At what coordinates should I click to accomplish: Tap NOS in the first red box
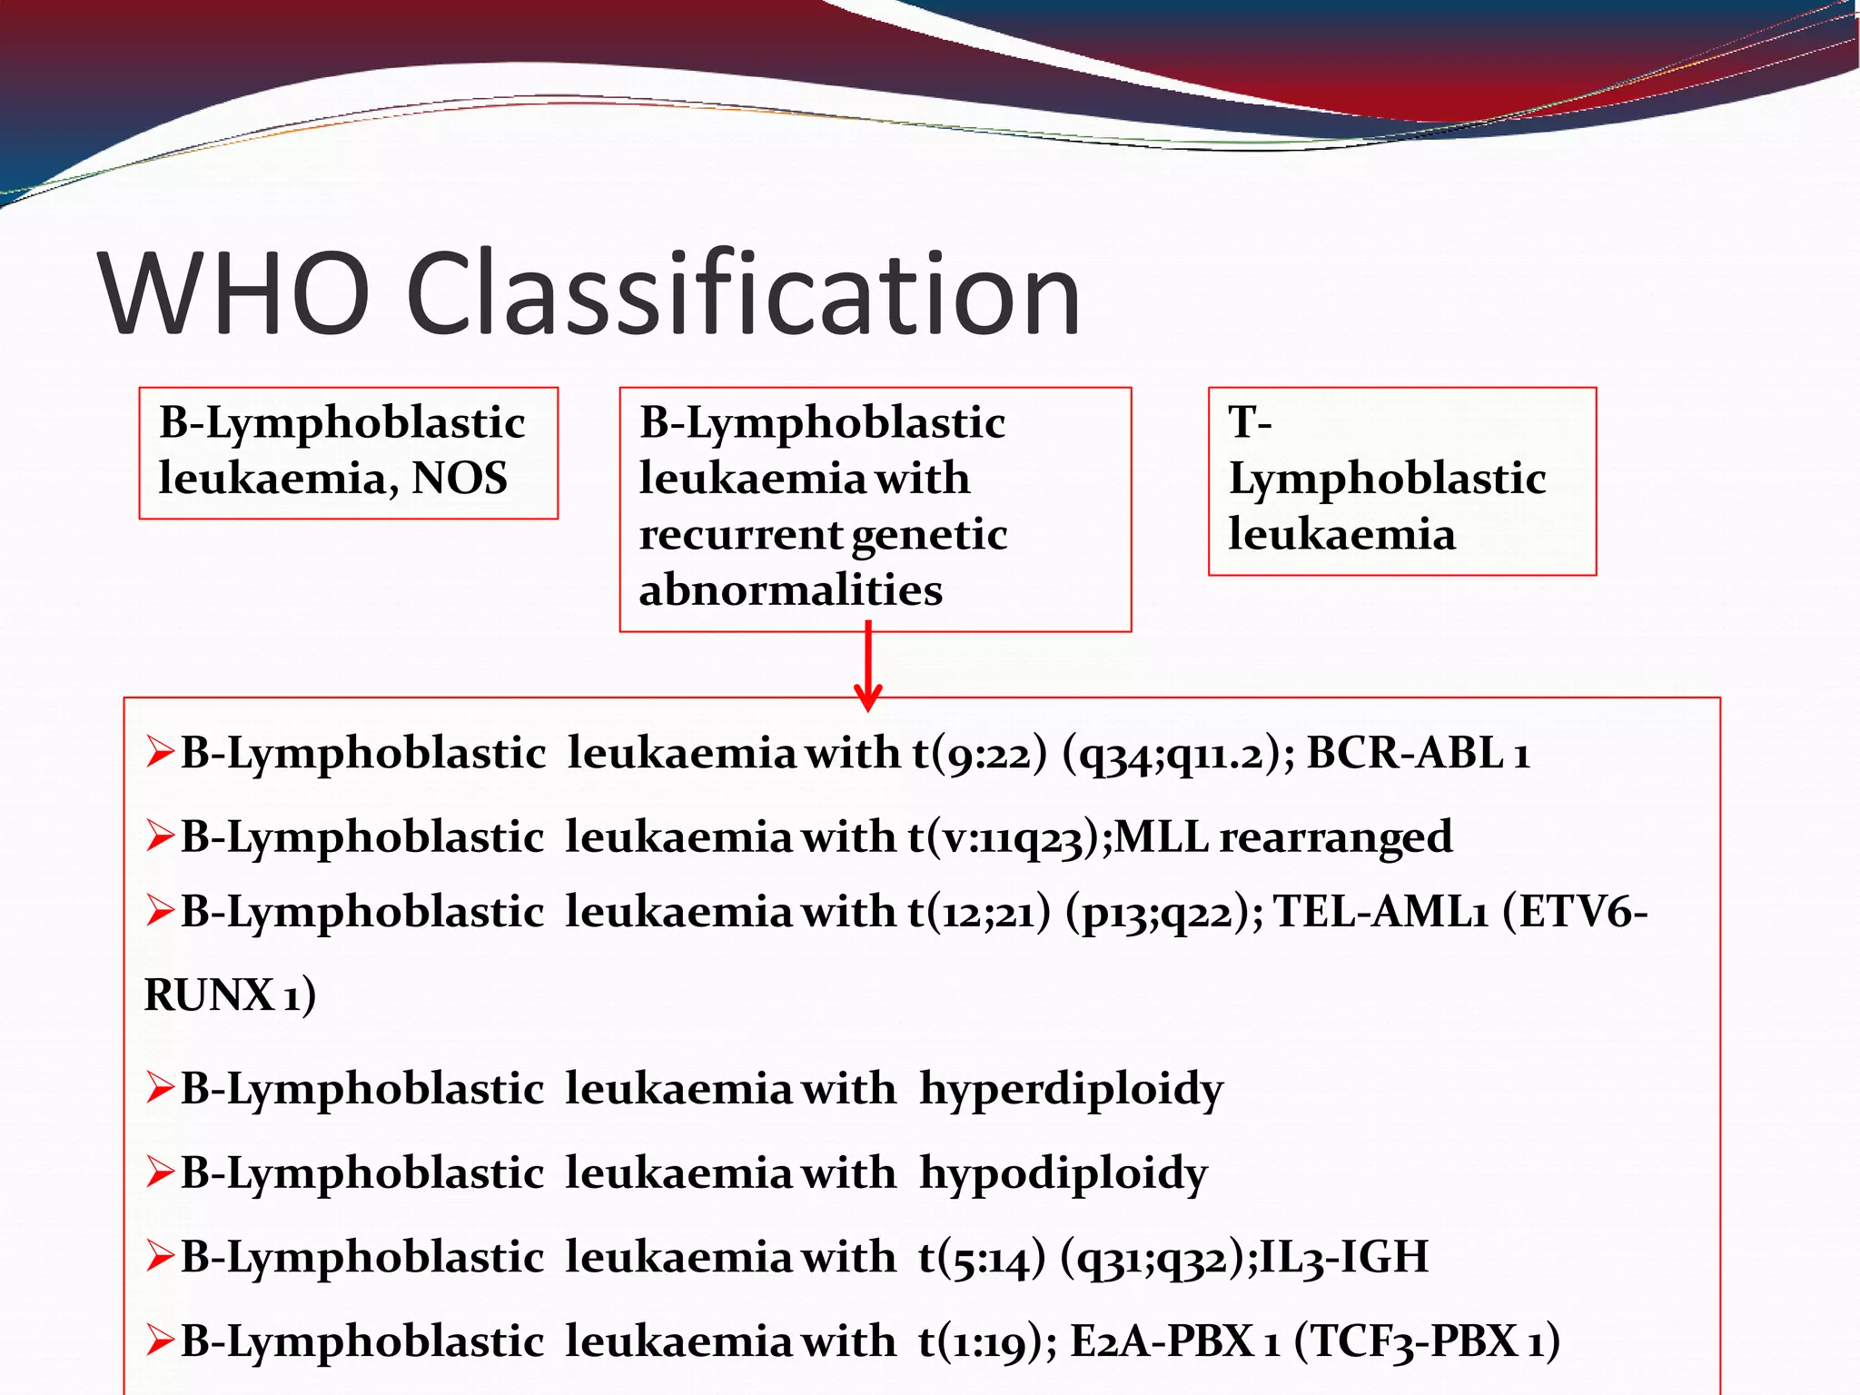pos(460,478)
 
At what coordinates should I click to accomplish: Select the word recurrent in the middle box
pos(741,534)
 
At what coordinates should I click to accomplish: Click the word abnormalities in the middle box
pos(790,589)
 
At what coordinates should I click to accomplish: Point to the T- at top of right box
pos(1250,422)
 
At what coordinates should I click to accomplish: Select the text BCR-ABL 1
pos(1418,753)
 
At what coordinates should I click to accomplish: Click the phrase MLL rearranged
pos(1283,836)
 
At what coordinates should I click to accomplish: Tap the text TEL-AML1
pos(1380,912)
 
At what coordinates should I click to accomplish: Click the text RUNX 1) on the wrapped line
pos(230,994)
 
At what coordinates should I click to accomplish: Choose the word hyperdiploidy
pos(1072,1089)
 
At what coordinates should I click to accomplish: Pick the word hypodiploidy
pos(1064,1172)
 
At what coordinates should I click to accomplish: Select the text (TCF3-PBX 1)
pos(1427,1341)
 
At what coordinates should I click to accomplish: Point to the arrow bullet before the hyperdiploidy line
pos(160,1088)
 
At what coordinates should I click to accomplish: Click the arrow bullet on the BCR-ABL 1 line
pos(160,753)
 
